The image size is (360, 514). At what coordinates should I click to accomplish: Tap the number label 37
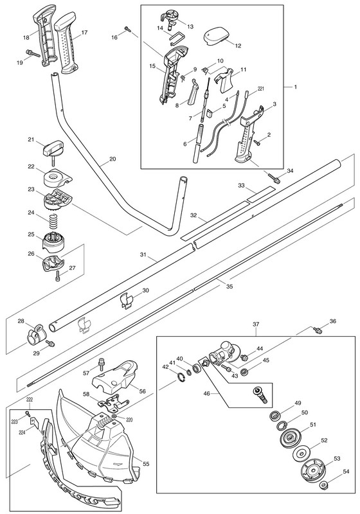256,324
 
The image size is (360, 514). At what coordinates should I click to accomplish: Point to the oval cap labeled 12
215,36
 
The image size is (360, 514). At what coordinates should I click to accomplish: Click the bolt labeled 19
32,53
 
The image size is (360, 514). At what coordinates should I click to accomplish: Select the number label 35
230,286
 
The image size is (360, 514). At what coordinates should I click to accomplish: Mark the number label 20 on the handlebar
113,159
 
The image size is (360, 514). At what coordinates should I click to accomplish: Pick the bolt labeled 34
274,178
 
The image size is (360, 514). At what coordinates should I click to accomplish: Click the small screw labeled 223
26,414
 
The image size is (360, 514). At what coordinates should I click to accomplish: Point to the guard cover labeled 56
116,379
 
